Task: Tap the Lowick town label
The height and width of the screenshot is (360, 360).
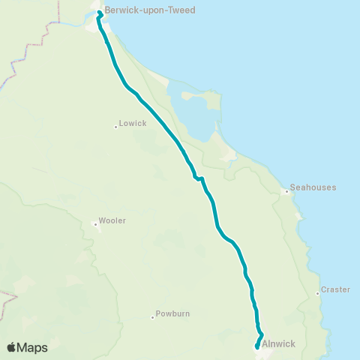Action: [x=132, y=123]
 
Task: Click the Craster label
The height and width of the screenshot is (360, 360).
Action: [x=335, y=289]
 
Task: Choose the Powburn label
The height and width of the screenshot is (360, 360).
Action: [x=173, y=314]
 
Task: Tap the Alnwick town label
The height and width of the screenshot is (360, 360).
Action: [x=279, y=343]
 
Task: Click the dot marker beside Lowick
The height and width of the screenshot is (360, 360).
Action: [x=115, y=126]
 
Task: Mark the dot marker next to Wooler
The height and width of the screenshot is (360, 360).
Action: [x=95, y=223]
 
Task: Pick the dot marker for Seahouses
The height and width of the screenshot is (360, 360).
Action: [x=286, y=191]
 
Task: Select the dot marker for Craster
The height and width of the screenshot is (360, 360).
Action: [x=318, y=293]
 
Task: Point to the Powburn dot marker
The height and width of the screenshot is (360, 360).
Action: [x=152, y=317]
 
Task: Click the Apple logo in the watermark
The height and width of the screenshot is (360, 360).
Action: [x=12, y=347]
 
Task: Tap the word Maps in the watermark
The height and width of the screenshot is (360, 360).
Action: [x=33, y=348]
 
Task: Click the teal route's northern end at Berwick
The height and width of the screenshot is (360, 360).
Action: [x=100, y=13]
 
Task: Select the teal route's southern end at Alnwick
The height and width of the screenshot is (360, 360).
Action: [x=257, y=347]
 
